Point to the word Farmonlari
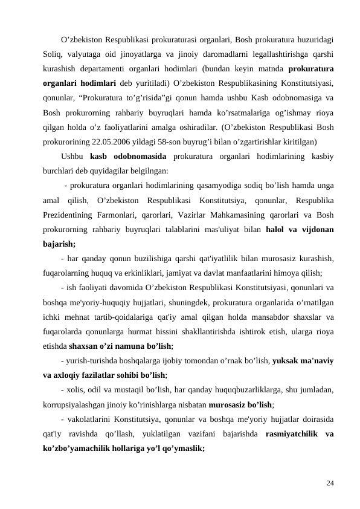(x=127, y=216)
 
